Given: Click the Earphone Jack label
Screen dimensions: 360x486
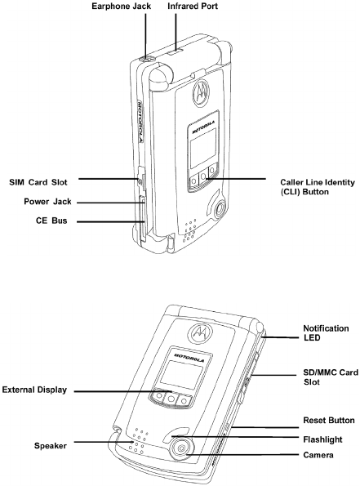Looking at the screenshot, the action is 121,7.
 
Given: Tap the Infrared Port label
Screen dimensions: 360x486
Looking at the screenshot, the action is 193,7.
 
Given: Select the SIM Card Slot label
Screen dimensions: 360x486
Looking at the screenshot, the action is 38,182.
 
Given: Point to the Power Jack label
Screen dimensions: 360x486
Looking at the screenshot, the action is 47,202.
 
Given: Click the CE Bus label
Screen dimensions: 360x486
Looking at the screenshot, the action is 51,221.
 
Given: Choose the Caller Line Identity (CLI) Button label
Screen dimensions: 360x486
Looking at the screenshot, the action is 318,187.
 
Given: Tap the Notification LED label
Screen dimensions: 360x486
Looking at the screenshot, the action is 326,333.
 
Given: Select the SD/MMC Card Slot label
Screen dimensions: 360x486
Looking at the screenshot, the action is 331,377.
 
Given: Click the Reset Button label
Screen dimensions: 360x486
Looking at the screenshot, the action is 329,421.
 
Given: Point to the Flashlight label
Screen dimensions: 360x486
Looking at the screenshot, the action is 322,439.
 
